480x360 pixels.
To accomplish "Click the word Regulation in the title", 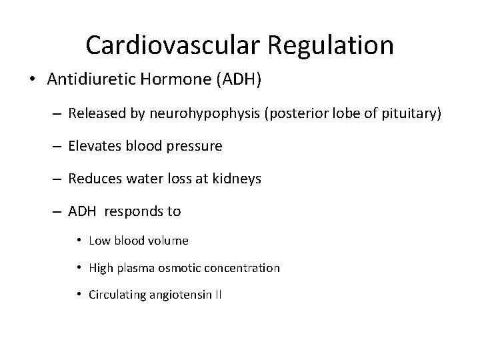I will click(x=331, y=45).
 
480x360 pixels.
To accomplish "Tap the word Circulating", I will click(x=116, y=295).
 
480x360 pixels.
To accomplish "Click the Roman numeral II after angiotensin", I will click(x=217, y=295).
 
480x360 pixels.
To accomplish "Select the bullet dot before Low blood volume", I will click(x=79, y=240).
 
